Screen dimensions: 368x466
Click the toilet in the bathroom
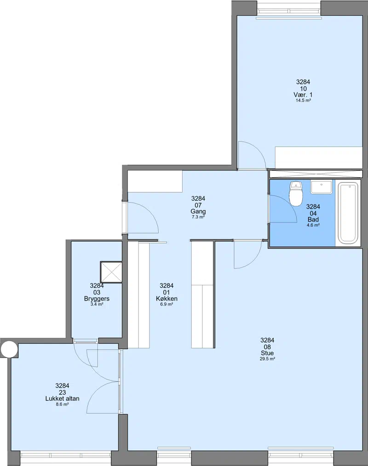click(296, 194)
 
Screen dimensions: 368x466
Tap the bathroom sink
click(321, 187)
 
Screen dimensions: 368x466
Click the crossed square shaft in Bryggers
click(111, 272)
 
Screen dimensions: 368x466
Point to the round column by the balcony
click(9, 349)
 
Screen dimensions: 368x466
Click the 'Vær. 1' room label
click(303, 95)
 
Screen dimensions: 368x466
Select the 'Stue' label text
click(267, 353)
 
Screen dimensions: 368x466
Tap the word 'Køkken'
click(167, 299)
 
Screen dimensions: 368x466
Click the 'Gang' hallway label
click(198, 211)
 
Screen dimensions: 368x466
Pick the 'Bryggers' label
click(97, 299)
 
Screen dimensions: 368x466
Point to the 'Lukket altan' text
click(62, 398)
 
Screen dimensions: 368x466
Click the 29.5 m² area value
click(267, 359)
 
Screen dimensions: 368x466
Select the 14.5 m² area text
click(303, 101)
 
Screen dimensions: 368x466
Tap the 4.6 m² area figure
click(313, 225)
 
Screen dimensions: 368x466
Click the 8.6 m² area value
click(62, 404)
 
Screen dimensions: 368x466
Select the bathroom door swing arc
click(289, 204)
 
